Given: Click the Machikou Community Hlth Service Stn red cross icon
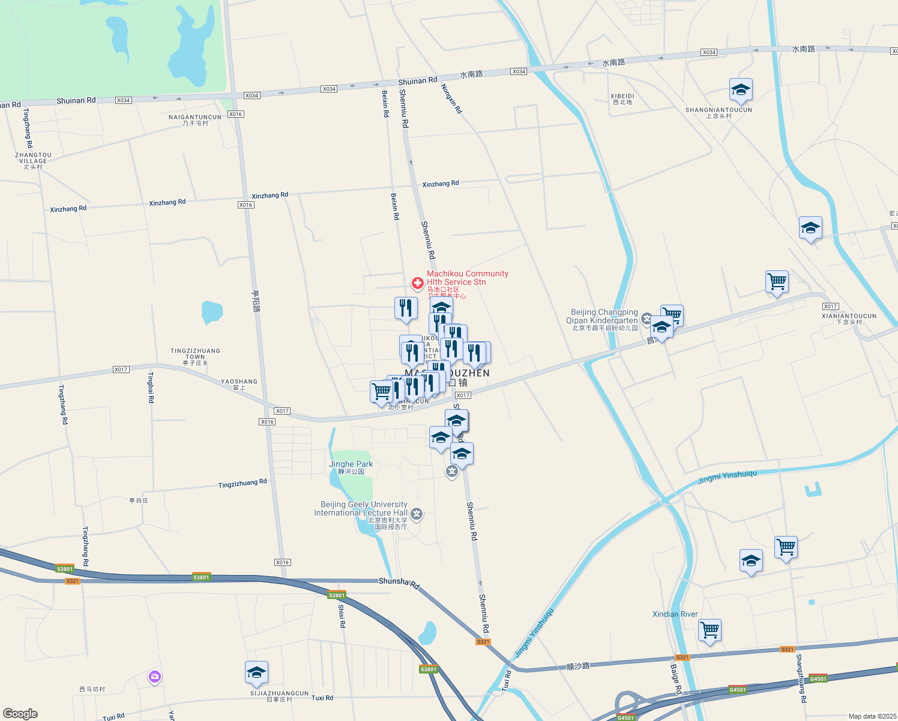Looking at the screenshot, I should [x=417, y=282].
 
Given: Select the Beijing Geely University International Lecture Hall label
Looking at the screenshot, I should [x=361, y=509].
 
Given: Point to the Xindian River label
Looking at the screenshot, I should [x=675, y=614].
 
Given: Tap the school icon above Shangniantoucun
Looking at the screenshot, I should [x=741, y=90].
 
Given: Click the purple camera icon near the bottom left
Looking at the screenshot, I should [x=155, y=677].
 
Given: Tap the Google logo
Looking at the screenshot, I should [x=20, y=714].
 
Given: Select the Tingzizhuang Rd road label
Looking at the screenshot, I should [x=243, y=483].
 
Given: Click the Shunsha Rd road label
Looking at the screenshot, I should [x=399, y=582].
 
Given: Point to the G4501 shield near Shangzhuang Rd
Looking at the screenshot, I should [x=818, y=678].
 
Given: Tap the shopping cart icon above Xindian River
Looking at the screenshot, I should [x=710, y=630].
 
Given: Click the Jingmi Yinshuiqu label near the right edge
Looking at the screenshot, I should [x=727, y=478].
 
